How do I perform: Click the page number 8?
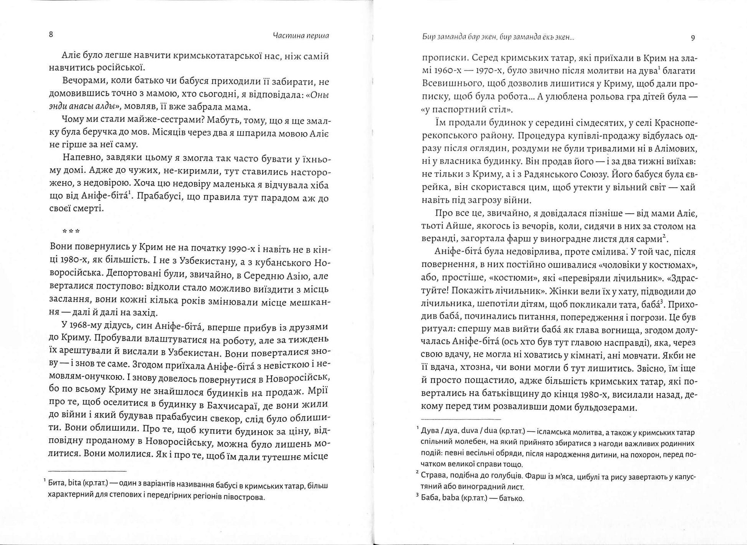coord(51,35)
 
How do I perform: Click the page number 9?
coord(693,38)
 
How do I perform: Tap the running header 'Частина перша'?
coord(301,36)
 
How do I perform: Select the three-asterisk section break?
coord(71,231)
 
